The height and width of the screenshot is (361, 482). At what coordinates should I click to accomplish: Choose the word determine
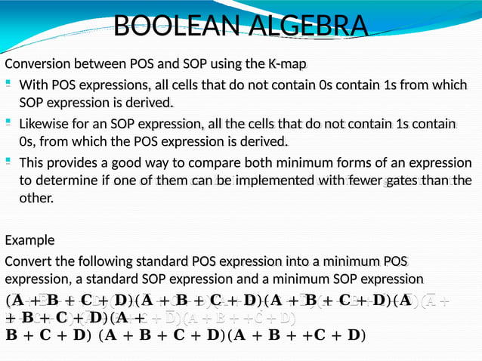coord(68,180)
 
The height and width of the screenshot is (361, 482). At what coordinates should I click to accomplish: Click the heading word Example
coord(29,240)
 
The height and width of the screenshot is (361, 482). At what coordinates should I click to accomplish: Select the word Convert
coord(29,261)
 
